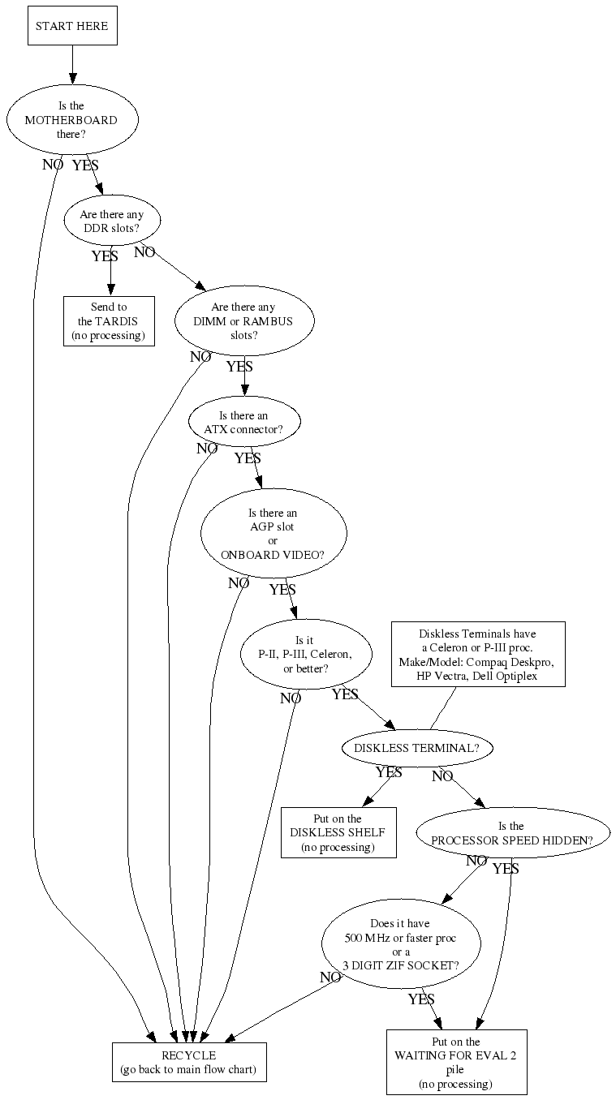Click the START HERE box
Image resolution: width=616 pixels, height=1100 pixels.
click(x=72, y=27)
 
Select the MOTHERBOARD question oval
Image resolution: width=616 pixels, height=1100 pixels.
click(x=71, y=119)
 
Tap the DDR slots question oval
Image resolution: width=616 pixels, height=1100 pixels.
click(x=112, y=221)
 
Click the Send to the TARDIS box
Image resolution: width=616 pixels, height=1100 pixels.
click(x=109, y=321)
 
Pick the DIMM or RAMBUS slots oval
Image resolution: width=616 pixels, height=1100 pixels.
click(x=244, y=321)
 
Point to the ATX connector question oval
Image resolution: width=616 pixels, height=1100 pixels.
click(x=244, y=422)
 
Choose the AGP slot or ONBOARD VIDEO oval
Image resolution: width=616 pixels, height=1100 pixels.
click(x=274, y=534)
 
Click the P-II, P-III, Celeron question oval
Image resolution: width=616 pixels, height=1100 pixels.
click(x=306, y=655)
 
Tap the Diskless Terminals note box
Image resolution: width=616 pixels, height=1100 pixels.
click(x=477, y=655)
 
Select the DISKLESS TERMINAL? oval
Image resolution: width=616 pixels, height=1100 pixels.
click(x=418, y=748)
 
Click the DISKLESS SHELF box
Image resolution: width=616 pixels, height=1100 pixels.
click(x=338, y=832)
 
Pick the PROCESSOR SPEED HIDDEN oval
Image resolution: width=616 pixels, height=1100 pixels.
click(x=511, y=833)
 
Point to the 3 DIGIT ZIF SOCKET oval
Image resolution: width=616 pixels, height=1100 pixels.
click(x=401, y=944)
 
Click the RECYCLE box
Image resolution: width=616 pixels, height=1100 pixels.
click(x=189, y=1062)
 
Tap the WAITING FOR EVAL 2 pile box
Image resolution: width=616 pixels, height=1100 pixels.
click(x=456, y=1062)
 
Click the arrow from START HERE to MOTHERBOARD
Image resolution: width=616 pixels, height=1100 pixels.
click(x=72, y=65)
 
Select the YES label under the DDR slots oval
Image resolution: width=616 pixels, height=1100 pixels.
click(x=104, y=256)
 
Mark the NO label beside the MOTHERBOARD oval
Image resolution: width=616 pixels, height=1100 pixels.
click(x=52, y=165)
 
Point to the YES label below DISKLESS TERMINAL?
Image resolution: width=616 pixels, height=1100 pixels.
click(x=389, y=772)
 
